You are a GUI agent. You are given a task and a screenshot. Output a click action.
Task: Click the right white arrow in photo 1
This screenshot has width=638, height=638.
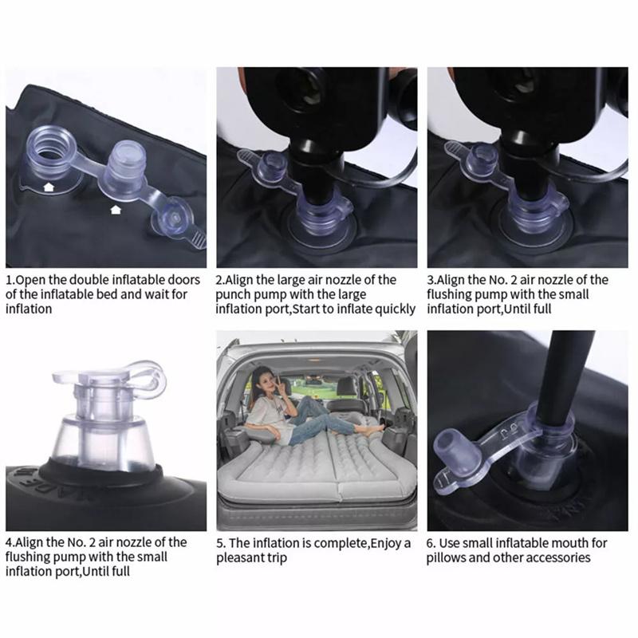(116, 210)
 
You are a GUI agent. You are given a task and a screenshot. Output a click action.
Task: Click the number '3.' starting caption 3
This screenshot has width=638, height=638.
(432, 280)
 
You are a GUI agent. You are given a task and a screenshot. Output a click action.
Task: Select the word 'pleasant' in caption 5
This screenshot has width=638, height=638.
(242, 557)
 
